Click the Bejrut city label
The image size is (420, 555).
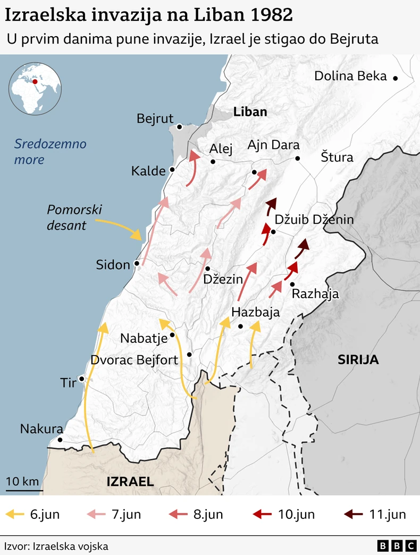(x=155, y=119)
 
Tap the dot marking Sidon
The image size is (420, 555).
(x=137, y=263)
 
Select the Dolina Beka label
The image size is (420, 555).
(x=350, y=76)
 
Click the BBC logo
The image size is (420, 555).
(x=397, y=545)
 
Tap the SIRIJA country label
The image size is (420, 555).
(x=358, y=360)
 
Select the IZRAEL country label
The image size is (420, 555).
(x=130, y=482)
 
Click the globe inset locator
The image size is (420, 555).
(x=35, y=88)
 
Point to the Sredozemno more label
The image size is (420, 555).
(x=50, y=152)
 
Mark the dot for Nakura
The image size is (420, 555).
(x=60, y=440)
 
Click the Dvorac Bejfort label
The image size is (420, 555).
(x=135, y=360)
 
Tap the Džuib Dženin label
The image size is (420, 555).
(x=314, y=220)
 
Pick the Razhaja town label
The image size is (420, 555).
(x=315, y=294)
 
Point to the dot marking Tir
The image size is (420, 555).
(x=82, y=379)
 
